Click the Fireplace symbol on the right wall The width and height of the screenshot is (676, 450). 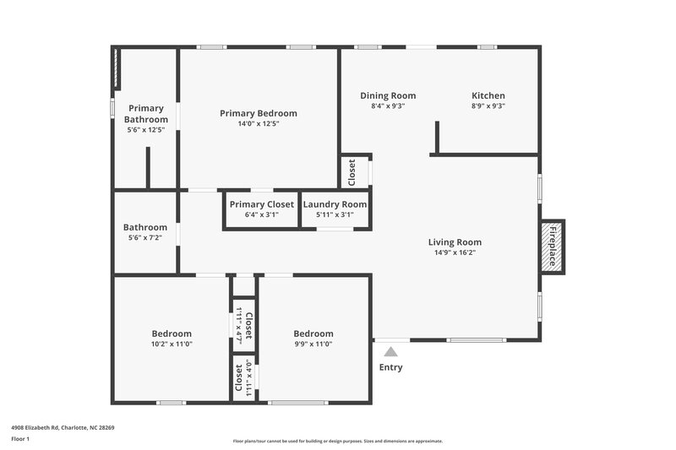[x=552, y=247]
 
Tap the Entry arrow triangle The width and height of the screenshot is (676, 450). [x=390, y=352]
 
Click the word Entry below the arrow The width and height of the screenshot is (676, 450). [x=390, y=367]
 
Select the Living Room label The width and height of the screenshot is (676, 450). [x=455, y=242]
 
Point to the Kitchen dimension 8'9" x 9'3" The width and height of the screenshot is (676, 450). [x=488, y=106]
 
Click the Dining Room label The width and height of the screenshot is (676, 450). [x=388, y=95]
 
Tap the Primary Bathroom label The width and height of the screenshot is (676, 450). [x=145, y=113]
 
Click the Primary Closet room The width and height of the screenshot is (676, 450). [x=262, y=209]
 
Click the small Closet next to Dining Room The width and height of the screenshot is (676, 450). [x=353, y=172]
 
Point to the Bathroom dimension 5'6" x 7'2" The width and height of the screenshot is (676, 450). [x=145, y=238]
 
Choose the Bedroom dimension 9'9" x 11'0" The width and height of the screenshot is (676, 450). [x=313, y=344]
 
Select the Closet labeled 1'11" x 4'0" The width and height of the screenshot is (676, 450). [x=244, y=378]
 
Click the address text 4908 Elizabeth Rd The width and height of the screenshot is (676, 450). [x=63, y=427]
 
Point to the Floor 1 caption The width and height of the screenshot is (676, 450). [x=20, y=439]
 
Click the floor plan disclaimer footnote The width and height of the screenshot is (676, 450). [x=337, y=441]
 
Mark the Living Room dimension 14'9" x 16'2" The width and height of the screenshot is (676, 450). [x=455, y=252]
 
